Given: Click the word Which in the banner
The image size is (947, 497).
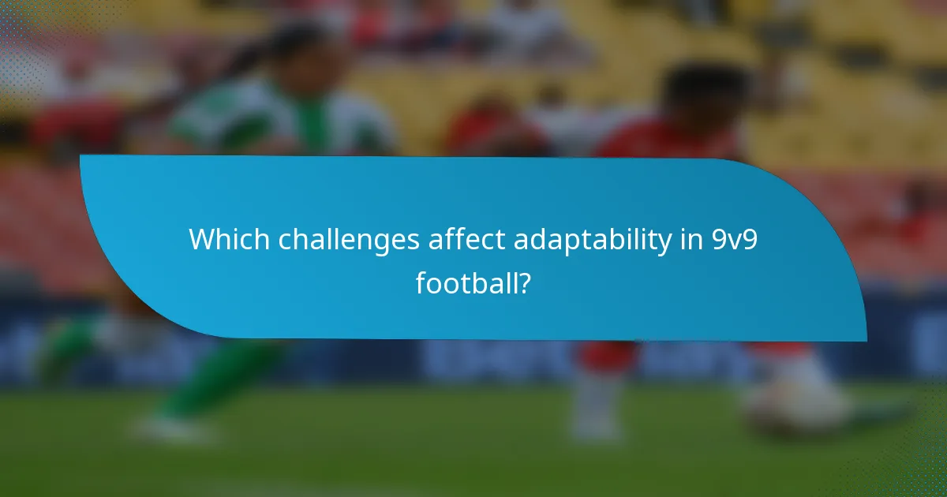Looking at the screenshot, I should [x=223, y=240].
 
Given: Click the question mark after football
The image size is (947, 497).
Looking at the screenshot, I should [x=524, y=282].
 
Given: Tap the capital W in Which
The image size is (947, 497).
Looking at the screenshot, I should [x=202, y=240].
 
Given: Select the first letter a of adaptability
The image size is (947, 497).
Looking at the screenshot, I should [x=521, y=241].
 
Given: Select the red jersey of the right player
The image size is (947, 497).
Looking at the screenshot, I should [x=671, y=142].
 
